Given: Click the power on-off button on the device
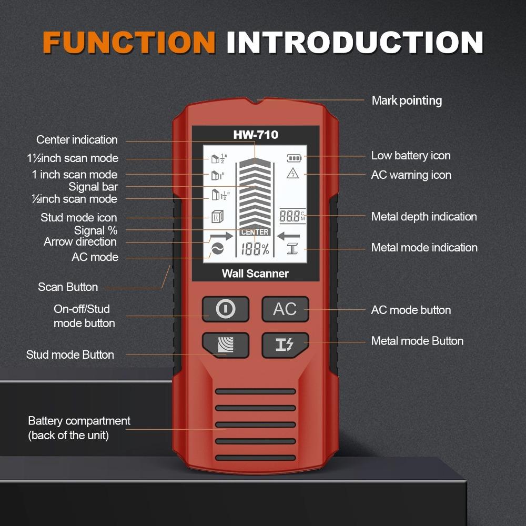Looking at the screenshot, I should click(x=225, y=309).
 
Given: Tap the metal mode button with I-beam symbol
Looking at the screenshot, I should click(x=285, y=345).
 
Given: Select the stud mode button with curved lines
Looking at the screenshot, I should click(x=225, y=345).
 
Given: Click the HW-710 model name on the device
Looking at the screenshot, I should click(x=256, y=135).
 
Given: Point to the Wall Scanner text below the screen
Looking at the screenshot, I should click(x=255, y=274).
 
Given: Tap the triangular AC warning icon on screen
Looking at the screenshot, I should click(x=292, y=174).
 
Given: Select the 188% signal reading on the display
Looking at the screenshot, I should click(x=255, y=250).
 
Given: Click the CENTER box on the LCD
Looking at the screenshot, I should click(x=255, y=232).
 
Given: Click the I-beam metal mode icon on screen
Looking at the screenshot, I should click(x=293, y=250).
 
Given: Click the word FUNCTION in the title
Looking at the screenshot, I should click(x=129, y=42).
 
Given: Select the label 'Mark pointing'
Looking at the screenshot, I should click(x=407, y=100).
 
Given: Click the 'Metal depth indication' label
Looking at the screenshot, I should click(x=424, y=217).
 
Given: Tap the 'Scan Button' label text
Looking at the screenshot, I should click(x=68, y=287).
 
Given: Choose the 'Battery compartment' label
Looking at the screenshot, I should click(x=79, y=421).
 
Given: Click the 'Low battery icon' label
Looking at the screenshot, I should click(x=411, y=156).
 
